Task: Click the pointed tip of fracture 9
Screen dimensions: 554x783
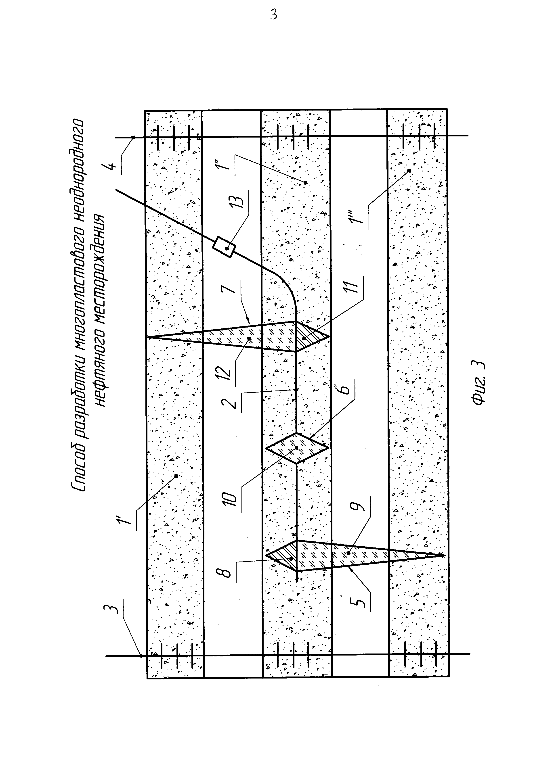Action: click(444, 555)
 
